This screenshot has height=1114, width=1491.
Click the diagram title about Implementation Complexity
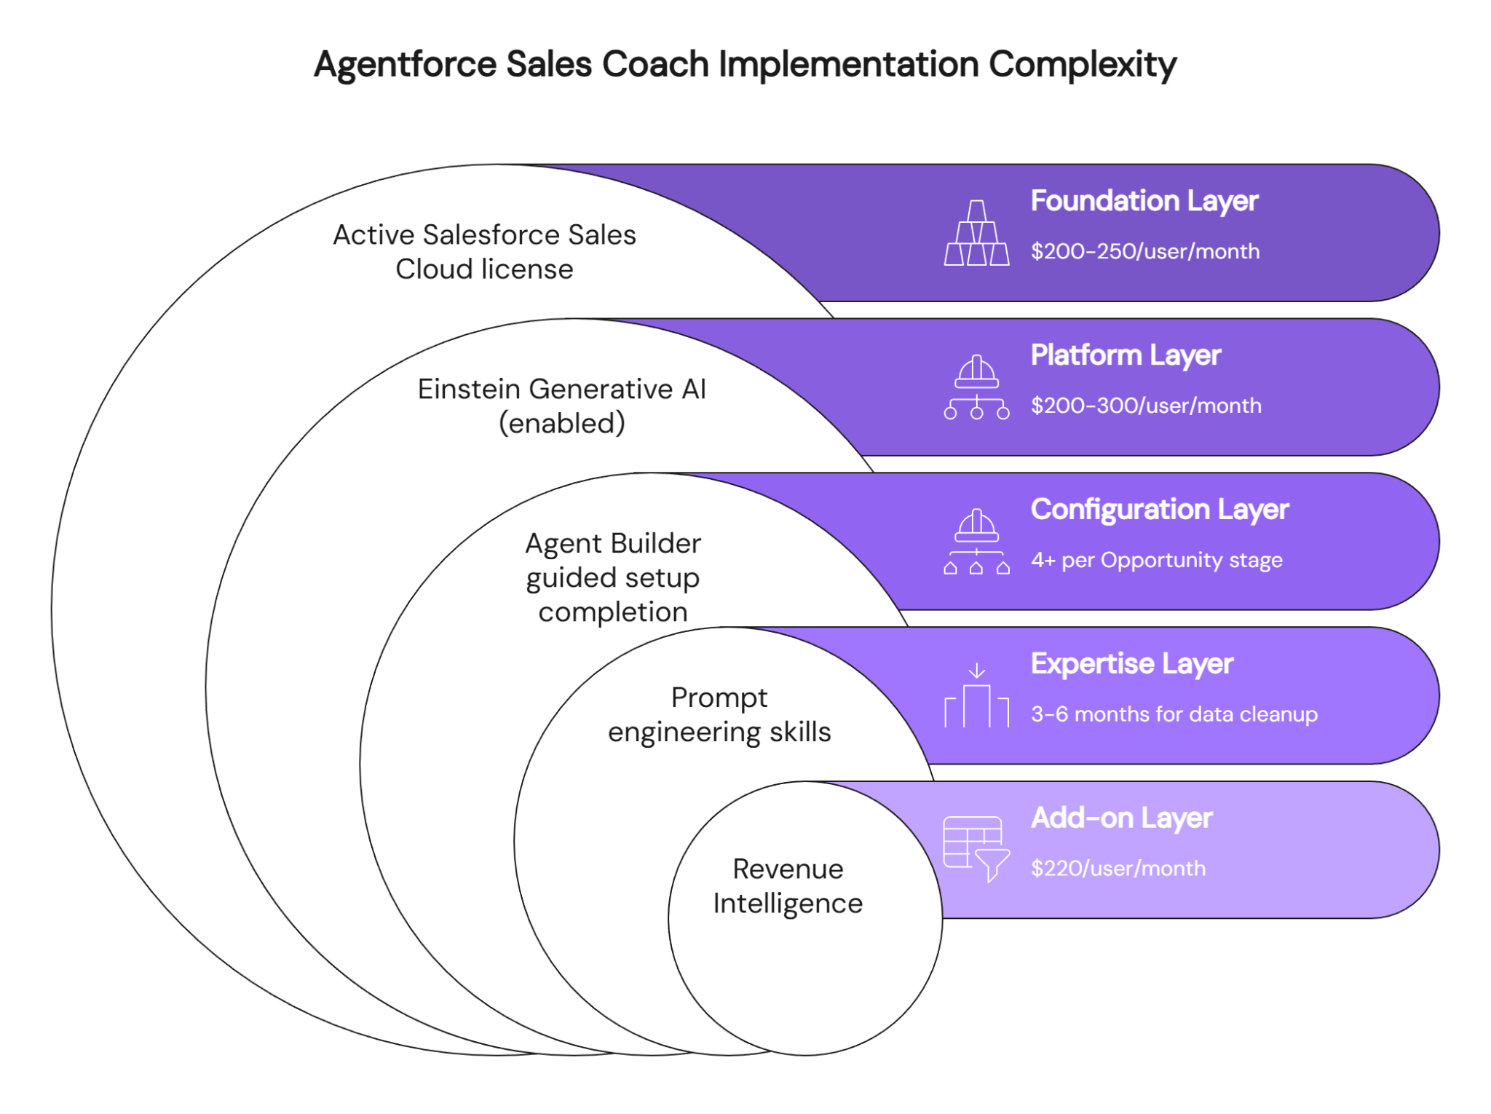click(745, 65)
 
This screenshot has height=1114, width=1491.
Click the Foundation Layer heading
click(1144, 201)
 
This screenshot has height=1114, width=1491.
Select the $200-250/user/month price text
click(1144, 251)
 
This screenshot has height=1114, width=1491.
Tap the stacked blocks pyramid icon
click(976, 233)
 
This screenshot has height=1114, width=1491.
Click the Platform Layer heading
click(1126, 355)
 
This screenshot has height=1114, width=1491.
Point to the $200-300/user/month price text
click(1146, 406)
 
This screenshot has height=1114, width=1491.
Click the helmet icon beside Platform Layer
click(976, 387)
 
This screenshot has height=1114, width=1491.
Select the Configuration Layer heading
click(1159, 510)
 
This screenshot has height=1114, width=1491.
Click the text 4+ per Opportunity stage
click(1156, 560)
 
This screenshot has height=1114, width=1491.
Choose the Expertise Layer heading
click(1131, 664)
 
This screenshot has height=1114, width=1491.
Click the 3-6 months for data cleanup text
click(1174, 714)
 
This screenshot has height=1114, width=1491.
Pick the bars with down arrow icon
click(976, 696)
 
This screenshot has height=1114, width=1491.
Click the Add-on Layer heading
click(1121, 818)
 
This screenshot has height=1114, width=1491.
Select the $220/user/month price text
click(1118, 869)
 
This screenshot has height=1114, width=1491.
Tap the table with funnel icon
click(976, 849)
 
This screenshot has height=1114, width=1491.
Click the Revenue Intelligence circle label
click(788, 886)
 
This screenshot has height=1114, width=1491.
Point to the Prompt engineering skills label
click(719, 715)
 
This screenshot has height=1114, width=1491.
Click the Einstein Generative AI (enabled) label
click(561, 406)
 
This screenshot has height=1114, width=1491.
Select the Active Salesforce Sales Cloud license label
click(484, 252)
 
